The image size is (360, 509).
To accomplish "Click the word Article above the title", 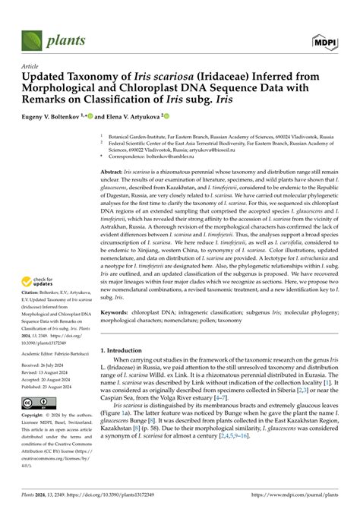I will tap(33, 67).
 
